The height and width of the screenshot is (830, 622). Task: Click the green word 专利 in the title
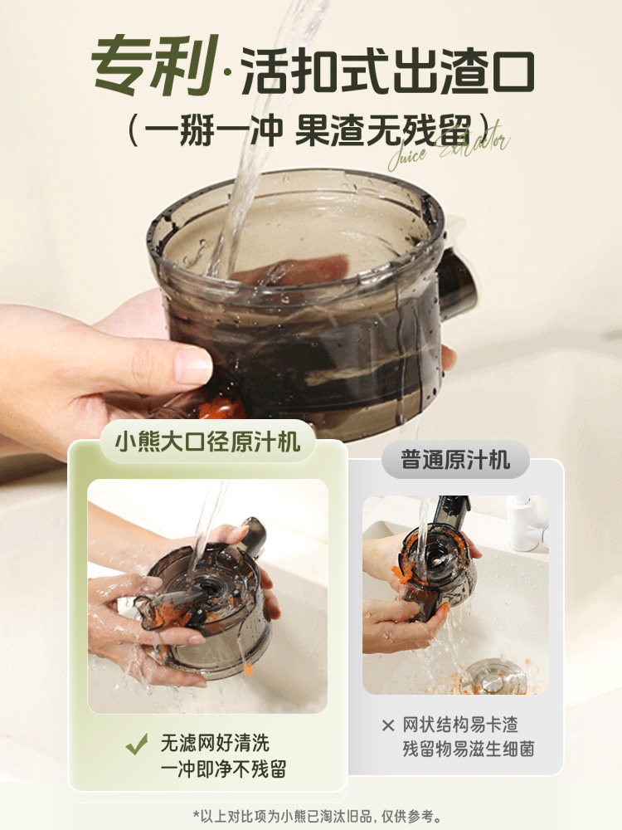coord(154,65)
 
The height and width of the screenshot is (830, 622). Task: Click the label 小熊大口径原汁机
coord(207,437)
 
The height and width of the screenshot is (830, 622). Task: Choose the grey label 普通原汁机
coord(455,459)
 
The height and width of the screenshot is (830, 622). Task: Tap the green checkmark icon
coord(137,744)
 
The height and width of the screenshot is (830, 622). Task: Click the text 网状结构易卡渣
coord(460,725)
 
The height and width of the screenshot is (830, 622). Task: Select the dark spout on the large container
coord(457,282)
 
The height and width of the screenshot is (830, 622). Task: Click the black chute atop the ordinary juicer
coord(452,510)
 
